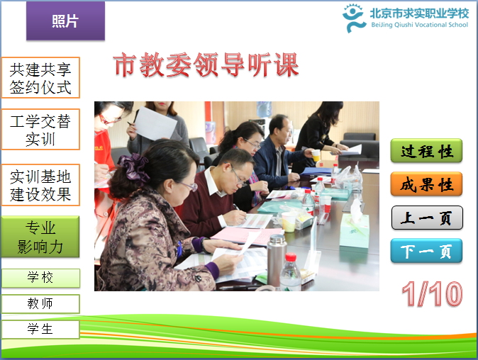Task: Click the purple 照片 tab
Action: point(65,21)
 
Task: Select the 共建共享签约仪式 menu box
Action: point(40,78)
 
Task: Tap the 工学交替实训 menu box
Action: point(40,130)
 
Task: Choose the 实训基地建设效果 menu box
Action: point(40,185)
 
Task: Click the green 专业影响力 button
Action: point(40,237)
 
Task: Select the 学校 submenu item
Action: point(40,278)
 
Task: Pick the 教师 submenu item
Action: point(40,303)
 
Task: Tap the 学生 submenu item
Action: point(40,330)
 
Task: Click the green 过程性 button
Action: point(426,151)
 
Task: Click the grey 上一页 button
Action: point(427,218)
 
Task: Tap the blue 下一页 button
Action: point(426,251)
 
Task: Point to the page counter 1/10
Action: point(432,293)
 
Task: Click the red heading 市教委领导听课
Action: point(206,65)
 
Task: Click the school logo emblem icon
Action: point(354,18)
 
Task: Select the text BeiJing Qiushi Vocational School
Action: point(419,25)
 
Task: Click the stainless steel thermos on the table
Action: point(277,259)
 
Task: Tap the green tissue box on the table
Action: point(354,230)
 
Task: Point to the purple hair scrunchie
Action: point(133,167)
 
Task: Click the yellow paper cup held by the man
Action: point(316,155)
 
